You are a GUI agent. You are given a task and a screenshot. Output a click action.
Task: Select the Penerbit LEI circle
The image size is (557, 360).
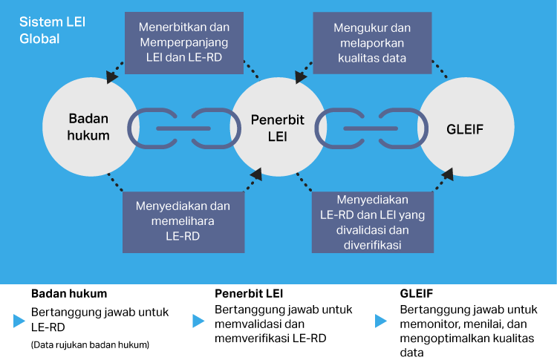pos(277,128)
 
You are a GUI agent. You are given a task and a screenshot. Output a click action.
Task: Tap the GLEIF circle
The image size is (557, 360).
pos(466,128)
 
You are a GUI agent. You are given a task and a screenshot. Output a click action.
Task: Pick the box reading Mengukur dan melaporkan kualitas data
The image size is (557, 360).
pos(372,43)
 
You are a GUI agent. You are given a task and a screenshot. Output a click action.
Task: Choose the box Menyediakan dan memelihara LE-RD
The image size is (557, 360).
pos(182,220)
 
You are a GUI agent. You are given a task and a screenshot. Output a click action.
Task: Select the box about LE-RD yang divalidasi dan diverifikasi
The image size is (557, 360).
pos(372,222)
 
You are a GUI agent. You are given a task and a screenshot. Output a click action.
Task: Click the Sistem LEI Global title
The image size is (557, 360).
pos(52,30)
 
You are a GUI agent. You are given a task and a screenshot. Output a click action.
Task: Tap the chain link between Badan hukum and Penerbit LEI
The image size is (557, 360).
pos(183,128)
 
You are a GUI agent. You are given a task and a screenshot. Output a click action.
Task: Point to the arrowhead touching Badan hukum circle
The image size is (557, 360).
pos(112,76)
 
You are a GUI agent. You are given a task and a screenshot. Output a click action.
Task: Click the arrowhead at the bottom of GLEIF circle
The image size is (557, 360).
pos(449,175)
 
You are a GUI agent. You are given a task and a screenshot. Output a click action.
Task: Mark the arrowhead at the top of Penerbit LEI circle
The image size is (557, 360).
pos(300,76)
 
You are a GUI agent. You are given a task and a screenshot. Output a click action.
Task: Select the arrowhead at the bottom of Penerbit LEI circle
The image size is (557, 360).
pos(256,174)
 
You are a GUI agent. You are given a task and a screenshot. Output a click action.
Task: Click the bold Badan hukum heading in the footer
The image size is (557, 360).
pos(69,292)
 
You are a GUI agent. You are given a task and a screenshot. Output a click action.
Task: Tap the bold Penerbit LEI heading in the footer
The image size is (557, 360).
pos(249,292)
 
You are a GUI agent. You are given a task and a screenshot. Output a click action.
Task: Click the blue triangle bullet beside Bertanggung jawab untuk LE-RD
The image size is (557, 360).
pos(19,321)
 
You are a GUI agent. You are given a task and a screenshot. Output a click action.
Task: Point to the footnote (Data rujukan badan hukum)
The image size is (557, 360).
pos(90,344)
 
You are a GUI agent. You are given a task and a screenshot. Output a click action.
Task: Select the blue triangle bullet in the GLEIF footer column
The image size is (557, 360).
pos(380,321)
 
